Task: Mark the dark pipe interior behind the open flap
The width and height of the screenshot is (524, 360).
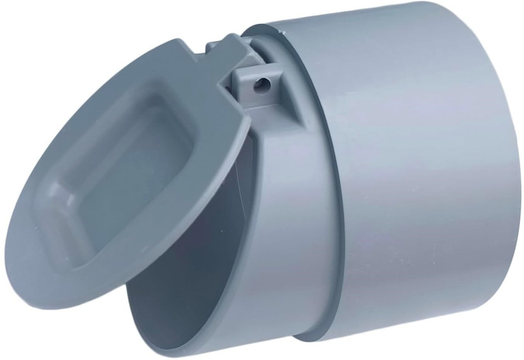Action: pos(189,252)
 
